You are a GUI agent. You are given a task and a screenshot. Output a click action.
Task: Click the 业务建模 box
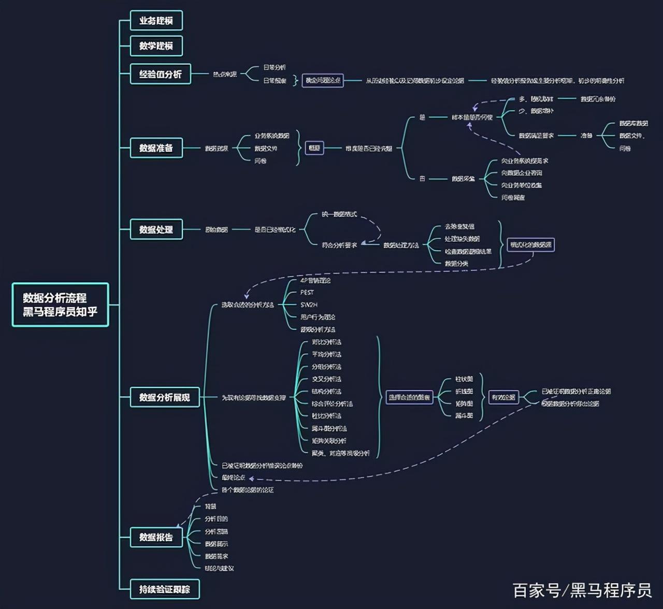tap(156, 21)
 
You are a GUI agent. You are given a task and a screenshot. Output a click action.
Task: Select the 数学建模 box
tap(156, 46)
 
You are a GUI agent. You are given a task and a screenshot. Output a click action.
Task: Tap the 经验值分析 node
tap(160, 74)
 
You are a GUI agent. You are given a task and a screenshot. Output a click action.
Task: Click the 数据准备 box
tap(156, 148)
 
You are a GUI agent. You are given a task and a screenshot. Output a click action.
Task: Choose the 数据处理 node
tap(156, 229)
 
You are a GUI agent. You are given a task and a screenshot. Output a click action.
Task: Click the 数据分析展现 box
tap(164, 397)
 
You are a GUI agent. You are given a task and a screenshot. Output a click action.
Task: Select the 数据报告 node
tap(156, 537)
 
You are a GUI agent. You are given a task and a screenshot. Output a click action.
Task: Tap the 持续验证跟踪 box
tap(164, 589)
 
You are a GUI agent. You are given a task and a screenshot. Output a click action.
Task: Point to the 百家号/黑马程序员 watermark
tap(582, 590)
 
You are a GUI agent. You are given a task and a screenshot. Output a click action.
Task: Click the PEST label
tap(307, 293)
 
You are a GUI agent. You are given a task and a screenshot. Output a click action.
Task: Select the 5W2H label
tap(309, 305)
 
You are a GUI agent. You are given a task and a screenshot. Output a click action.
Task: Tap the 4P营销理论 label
tap(315, 280)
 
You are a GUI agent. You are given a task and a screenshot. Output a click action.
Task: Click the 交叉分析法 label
tap(326, 379)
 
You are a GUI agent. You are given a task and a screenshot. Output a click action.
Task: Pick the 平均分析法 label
tap(326, 354)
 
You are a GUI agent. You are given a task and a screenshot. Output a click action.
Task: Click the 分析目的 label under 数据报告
tap(216, 519)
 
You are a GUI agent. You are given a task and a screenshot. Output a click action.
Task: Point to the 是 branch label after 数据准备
tap(422, 118)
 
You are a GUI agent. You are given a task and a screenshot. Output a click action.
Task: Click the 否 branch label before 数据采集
tap(422, 179)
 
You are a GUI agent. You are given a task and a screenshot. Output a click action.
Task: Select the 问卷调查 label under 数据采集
tap(513, 197)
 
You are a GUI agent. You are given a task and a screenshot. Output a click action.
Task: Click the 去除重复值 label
tap(459, 227)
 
